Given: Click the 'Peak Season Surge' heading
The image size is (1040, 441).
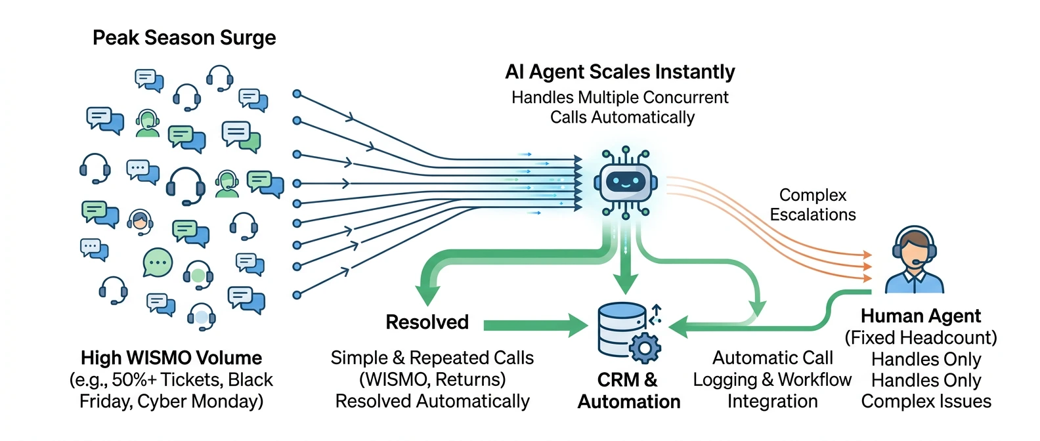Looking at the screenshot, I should tap(184, 38).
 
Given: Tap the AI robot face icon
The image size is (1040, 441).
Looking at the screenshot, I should tap(625, 182).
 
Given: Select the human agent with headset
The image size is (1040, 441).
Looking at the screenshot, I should tap(914, 261).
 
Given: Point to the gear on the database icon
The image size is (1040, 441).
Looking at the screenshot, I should tap(645, 347).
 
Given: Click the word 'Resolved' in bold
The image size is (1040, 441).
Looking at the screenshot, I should tap(427, 322).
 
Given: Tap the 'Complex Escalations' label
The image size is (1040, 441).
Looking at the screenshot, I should tap(812, 205).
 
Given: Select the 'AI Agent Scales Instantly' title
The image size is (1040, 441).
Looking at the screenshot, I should tap(620, 72).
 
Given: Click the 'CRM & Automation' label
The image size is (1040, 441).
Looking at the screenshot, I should tap(628, 390).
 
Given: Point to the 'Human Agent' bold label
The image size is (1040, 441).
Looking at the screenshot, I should tap(921, 316).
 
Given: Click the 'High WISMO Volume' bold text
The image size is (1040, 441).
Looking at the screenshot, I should tap(171, 358).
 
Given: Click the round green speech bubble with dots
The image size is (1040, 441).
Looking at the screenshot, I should tap(158, 262).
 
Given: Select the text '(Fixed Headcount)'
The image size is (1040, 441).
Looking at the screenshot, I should tap(921, 337).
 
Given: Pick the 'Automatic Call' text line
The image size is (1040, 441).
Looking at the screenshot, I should tap(772, 358).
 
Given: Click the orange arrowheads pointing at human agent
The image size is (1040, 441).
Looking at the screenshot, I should tap(867, 266).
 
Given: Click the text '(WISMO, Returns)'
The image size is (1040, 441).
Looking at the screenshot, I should tap(432, 379).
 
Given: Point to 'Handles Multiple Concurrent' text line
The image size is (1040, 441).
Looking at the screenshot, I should tap(620, 98).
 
